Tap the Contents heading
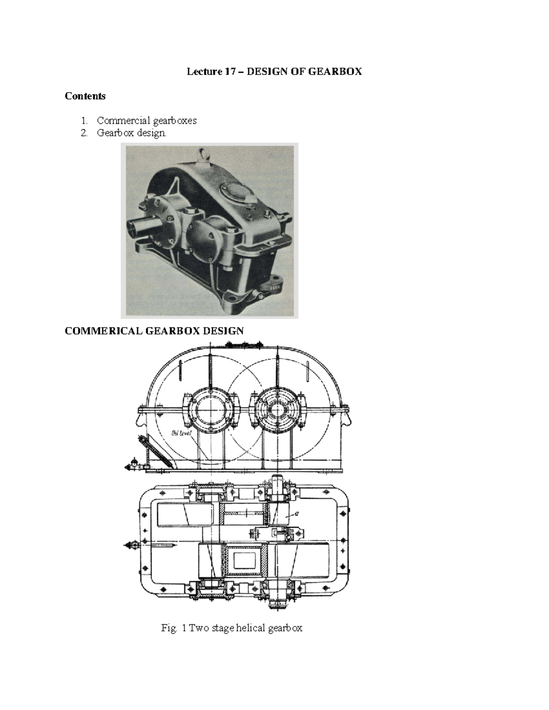[x=85, y=96]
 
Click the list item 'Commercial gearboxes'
[x=146, y=121]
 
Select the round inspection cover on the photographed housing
[x=233, y=190]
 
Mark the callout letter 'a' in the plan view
[x=297, y=513]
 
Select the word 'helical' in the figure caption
[x=251, y=628]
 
